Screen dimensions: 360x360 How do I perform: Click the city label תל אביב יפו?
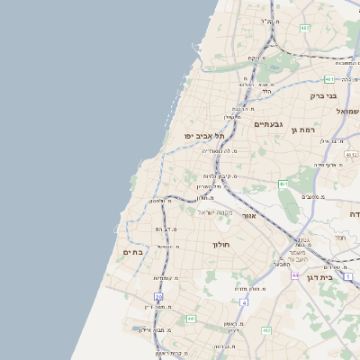203,135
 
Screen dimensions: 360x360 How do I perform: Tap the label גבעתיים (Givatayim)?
268,124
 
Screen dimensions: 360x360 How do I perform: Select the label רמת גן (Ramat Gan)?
306,130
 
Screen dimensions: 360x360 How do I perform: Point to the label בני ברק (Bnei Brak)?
322,95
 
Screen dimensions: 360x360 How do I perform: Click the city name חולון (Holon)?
221,244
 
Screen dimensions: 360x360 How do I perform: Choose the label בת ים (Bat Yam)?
132,253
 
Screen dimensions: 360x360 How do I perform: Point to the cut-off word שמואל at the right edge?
347,110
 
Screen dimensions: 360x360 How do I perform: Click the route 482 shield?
304,28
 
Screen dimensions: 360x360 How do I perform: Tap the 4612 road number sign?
351,155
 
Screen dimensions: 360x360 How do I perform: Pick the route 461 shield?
283,184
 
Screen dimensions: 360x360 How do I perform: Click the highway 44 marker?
294,274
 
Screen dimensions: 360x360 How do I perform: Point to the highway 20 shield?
158,296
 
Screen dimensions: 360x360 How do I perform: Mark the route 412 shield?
266,330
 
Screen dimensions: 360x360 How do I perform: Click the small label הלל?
266,91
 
